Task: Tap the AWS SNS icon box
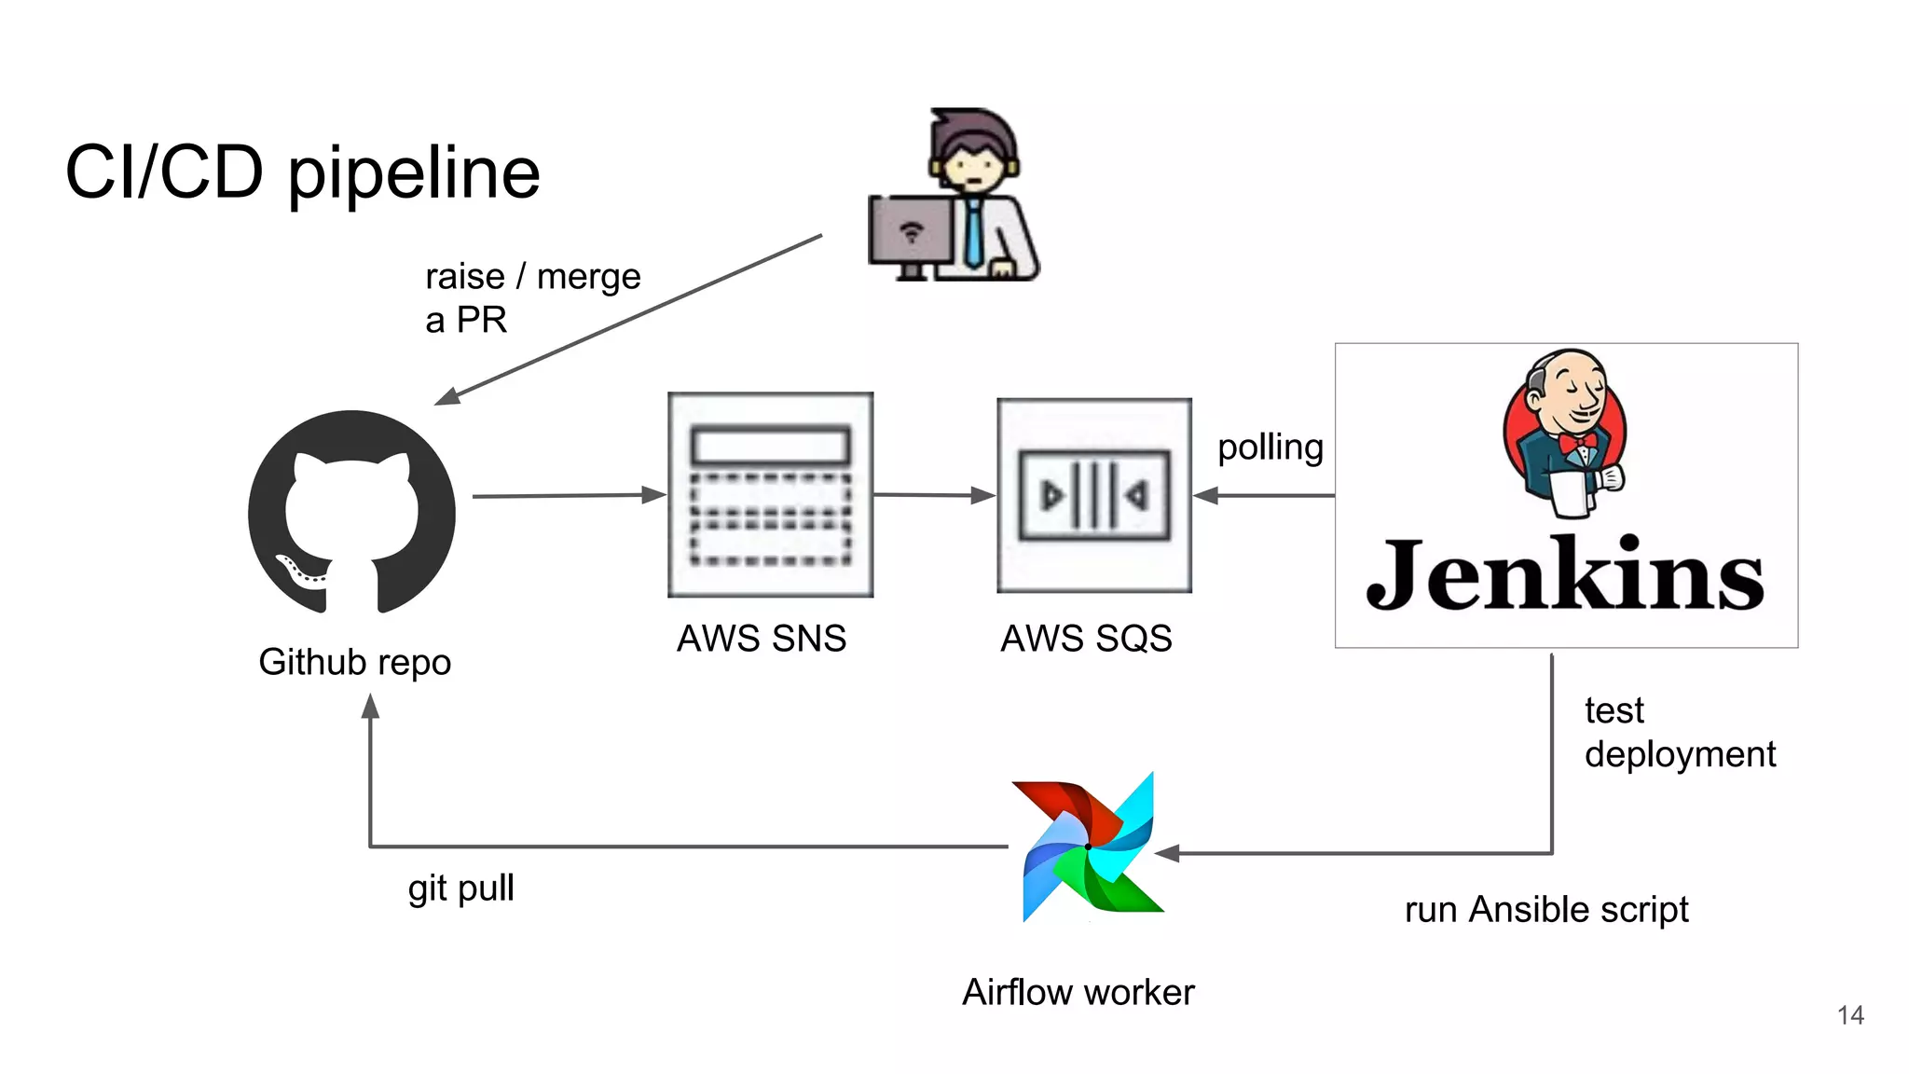[770, 495]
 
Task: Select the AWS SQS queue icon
[1093, 495]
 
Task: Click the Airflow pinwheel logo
[1089, 847]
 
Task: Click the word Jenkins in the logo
[1564, 575]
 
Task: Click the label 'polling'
[1270, 447]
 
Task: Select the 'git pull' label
[460, 888]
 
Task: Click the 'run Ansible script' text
[1545, 909]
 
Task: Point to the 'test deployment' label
[1678, 732]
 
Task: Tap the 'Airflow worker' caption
[1078, 992]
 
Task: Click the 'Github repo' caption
[354, 662]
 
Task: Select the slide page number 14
[1849, 1015]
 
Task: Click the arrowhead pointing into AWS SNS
[654, 495]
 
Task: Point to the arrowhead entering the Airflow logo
[1167, 853]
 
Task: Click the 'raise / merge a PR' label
[531, 297]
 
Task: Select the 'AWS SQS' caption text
[1086, 639]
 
